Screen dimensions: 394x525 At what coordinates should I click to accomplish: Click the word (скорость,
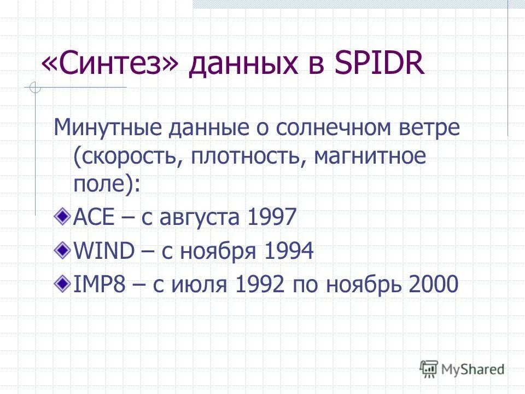point(129,157)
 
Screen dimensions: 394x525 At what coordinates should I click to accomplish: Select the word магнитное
point(370,157)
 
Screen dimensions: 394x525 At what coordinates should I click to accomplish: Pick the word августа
point(199,219)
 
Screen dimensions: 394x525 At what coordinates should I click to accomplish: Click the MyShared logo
point(462,369)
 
